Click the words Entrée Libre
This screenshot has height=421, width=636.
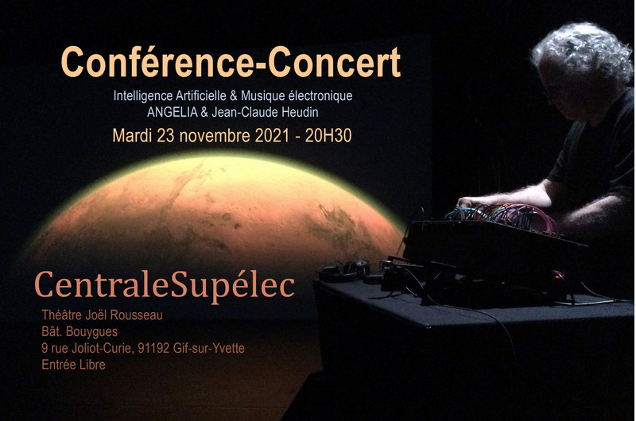73,365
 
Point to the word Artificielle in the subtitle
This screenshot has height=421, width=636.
193,95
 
